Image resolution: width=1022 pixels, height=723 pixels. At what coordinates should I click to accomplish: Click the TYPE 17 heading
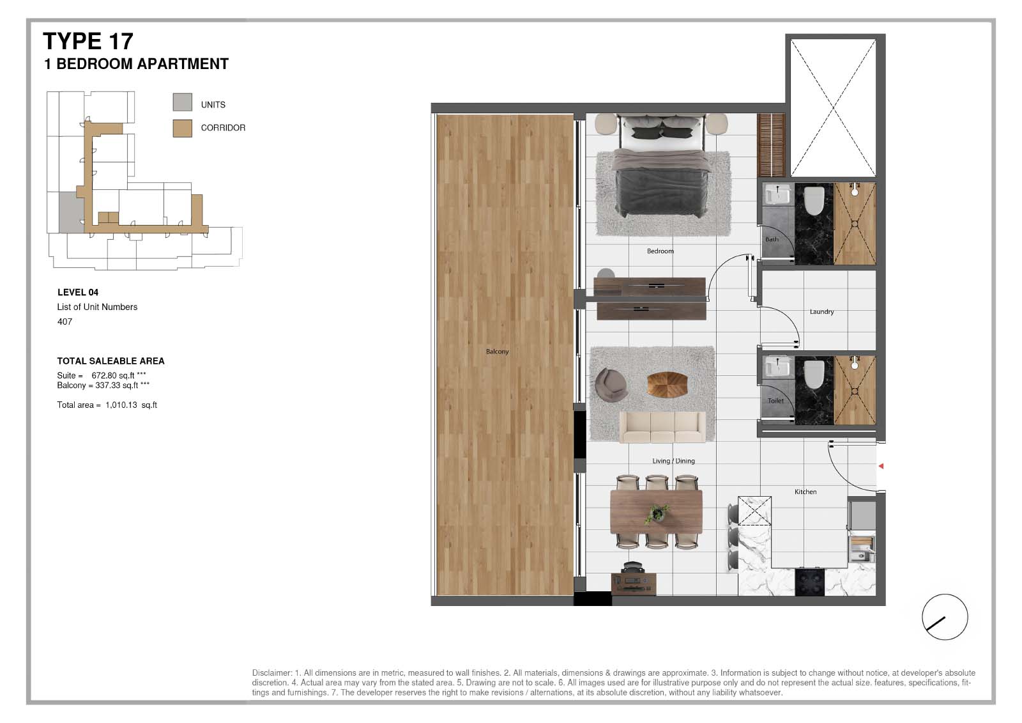tap(88, 42)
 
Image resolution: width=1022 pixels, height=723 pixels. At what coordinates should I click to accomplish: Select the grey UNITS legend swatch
tap(183, 102)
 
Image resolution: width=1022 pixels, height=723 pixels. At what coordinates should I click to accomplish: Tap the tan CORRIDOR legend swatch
tap(183, 128)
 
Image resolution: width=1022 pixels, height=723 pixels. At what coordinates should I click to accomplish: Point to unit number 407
tap(65, 322)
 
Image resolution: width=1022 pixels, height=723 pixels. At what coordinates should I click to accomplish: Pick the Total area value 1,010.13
tap(121, 405)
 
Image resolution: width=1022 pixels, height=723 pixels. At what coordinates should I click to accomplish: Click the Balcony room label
tap(498, 352)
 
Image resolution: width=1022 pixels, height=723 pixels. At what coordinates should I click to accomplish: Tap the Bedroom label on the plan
tap(660, 251)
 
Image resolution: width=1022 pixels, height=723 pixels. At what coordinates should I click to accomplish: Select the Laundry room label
tap(821, 312)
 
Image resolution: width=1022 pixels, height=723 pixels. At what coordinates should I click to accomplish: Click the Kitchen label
tap(805, 492)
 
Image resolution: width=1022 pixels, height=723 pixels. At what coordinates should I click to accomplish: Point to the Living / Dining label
tap(673, 461)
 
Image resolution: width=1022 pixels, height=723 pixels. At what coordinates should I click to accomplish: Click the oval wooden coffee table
tap(667, 385)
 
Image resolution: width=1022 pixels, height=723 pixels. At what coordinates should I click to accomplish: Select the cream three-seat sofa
tap(662, 427)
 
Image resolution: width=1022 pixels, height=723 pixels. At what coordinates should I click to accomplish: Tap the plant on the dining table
tap(657, 513)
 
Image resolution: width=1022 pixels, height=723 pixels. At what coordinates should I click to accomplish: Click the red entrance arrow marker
tap(881, 466)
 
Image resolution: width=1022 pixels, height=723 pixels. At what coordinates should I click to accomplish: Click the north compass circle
tap(945, 617)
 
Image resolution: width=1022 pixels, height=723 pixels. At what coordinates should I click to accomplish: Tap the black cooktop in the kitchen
tap(810, 582)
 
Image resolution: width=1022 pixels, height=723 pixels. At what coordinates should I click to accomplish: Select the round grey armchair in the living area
tap(611, 385)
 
